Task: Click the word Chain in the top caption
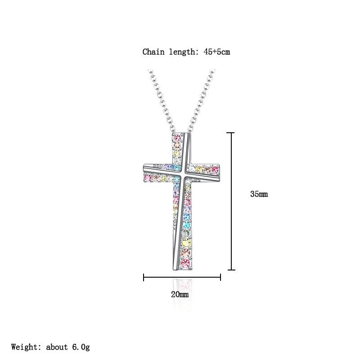click(153, 52)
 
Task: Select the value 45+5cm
click(217, 52)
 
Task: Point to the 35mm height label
click(259, 194)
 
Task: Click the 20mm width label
click(180, 294)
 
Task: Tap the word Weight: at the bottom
click(26, 347)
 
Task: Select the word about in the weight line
click(57, 346)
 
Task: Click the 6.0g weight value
click(81, 347)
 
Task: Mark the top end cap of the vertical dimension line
click(230, 133)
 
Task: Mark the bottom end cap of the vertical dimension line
click(231, 270)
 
